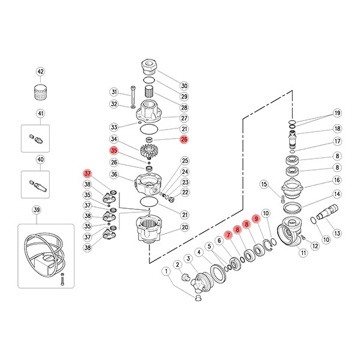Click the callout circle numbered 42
click(40, 72)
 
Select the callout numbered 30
click(184, 86)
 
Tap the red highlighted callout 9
click(256, 219)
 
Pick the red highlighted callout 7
click(228, 235)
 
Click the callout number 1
click(166, 271)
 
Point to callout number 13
click(337, 233)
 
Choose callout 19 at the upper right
click(337, 113)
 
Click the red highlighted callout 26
click(184, 139)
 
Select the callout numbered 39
click(37, 210)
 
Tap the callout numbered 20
click(185, 227)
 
